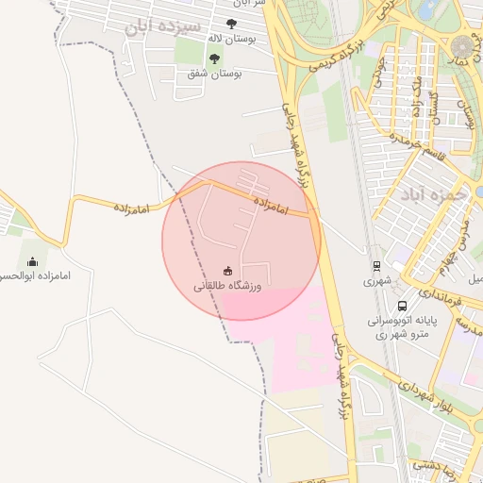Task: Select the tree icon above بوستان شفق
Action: (213, 58)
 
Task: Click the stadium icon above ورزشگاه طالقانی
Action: (226, 270)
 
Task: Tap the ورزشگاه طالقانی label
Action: (227, 284)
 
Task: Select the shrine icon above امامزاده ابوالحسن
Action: (33, 261)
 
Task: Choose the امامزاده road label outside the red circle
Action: (133, 204)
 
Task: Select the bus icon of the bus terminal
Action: (403, 306)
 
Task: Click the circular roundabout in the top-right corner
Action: (464, 45)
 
